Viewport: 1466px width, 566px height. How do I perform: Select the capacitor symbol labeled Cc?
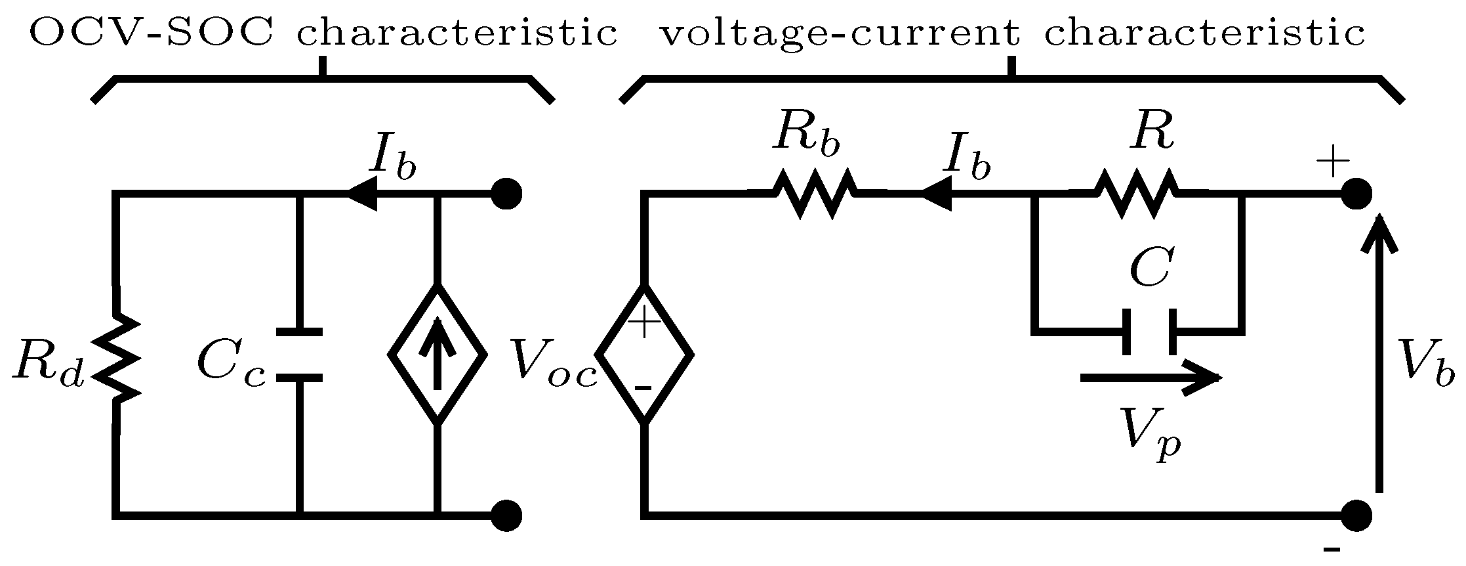pos(299,355)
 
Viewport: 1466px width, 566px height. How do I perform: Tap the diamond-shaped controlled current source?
pos(438,355)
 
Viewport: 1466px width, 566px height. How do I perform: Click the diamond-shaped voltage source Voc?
pos(645,355)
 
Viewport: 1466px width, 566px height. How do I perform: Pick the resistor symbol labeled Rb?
pos(815,193)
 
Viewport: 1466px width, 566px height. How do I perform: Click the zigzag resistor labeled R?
pos(1136,193)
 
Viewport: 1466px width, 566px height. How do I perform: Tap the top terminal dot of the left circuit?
pos(506,194)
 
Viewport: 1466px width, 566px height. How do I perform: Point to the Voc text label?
pos(554,364)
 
